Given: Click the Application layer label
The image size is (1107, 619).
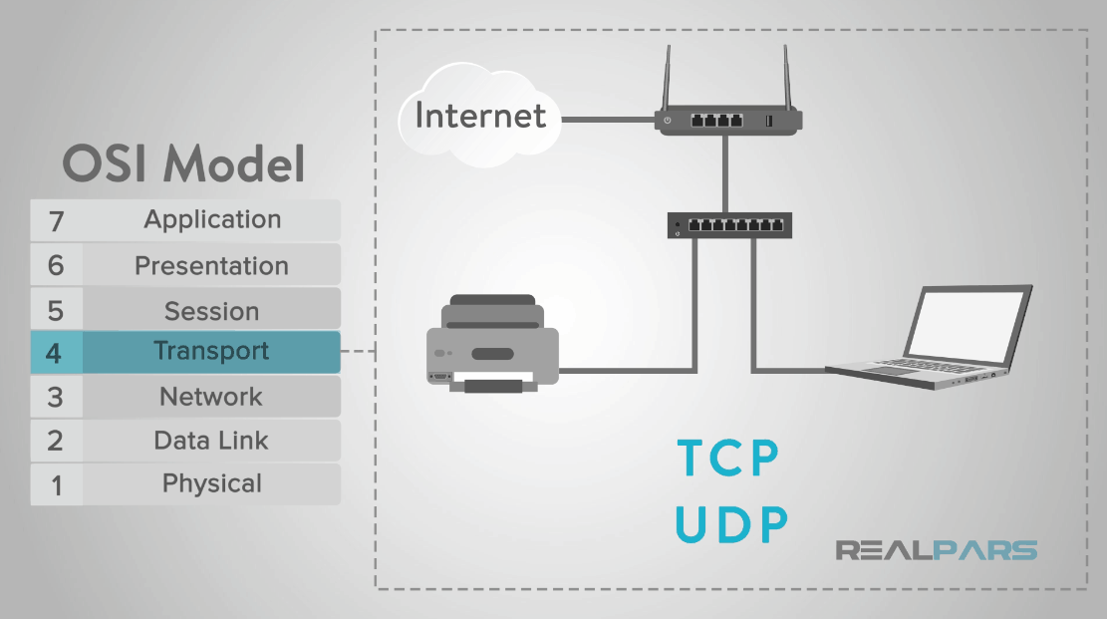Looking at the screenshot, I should coord(212,219).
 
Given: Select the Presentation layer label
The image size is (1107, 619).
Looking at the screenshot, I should coord(211,266).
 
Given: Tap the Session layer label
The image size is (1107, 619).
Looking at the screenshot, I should coord(211,311).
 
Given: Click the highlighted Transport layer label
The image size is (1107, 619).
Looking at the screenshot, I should coord(211,351).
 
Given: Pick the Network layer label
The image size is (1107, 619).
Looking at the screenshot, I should coord(211,397).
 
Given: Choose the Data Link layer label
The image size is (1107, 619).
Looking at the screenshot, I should coord(211,441).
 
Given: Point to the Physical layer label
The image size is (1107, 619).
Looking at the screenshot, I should coord(211,484).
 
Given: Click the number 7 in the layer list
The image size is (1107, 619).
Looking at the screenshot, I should coord(56,220).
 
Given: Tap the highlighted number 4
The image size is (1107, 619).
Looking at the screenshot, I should coord(55,352).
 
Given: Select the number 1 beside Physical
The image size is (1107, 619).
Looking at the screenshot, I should coord(56,485).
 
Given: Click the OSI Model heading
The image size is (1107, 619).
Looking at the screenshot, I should coord(184,163).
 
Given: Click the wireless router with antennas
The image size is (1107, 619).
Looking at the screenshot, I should coord(728,120).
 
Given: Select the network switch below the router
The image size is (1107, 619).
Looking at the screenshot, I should coord(729,225).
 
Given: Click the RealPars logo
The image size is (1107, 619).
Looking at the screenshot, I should coord(936,550).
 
